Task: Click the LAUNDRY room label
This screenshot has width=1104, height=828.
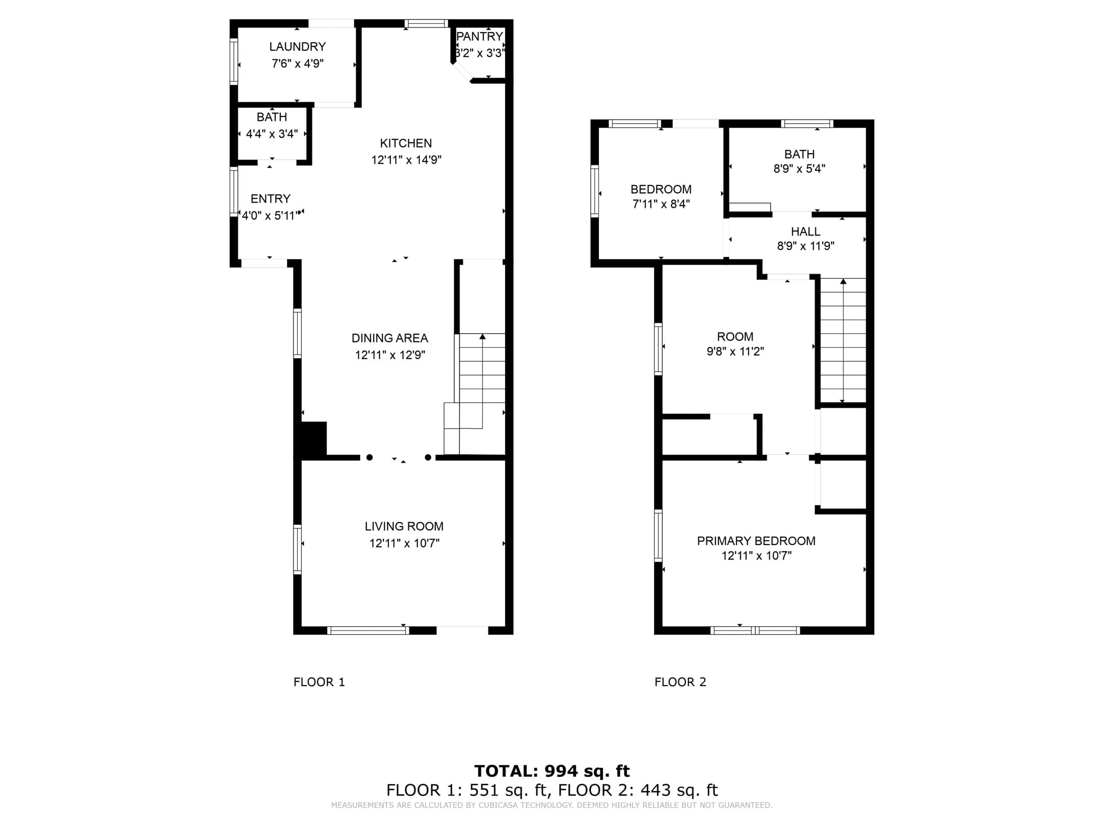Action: click(298, 47)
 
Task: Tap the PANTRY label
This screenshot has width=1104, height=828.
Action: click(480, 36)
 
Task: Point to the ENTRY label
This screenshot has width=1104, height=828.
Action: click(270, 199)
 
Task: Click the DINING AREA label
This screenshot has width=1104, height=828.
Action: click(390, 339)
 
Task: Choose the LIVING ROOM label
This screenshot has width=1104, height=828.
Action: click(404, 527)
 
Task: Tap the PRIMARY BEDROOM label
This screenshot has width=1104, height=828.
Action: click(756, 541)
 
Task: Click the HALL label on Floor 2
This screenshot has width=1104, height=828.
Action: click(806, 232)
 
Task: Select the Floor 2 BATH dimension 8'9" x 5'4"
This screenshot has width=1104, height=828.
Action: click(800, 169)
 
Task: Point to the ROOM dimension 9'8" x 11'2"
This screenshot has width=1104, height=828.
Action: click(735, 351)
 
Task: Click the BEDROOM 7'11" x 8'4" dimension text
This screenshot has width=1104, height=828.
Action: click(661, 204)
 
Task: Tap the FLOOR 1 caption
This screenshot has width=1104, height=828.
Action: click(320, 682)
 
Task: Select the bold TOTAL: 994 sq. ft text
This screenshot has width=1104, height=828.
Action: click(552, 771)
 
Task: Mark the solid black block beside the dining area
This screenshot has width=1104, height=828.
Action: click(314, 439)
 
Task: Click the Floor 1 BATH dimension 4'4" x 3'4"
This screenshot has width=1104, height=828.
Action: click(272, 134)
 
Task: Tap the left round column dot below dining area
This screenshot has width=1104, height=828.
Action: click(369, 457)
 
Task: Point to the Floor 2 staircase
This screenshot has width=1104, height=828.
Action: click(843, 340)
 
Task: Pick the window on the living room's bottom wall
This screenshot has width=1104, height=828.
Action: click(368, 630)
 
